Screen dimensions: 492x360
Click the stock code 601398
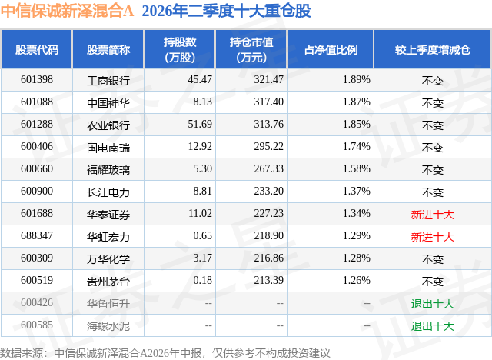pyautogui.click(x=37, y=80)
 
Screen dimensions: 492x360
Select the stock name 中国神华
pyautogui.click(x=108, y=102)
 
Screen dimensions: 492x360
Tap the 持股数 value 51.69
pyautogui.click(x=200, y=125)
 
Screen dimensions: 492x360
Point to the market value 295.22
pyautogui.click(x=268, y=147)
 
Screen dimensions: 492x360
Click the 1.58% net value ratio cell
pyautogui.click(x=357, y=169)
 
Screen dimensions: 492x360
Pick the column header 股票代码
pyautogui.click(x=37, y=49)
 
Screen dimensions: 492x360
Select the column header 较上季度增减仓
pyautogui.click(x=433, y=49)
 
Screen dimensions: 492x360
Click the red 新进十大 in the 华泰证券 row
pyautogui.click(x=433, y=215)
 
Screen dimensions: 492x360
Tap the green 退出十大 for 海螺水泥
pyautogui.click(x=433, y=326)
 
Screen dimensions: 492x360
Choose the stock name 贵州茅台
pyautogui.click(x=108, y=282)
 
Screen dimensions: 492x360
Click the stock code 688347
pyautogui.click(x=37, y=235)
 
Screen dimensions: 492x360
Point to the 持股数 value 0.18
pyautogui.click(x=202, y=280)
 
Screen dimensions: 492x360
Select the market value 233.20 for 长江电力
pyautogui.click(x=268, y=191)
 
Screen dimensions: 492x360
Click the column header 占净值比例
pyautogui.click(x=331, y=49)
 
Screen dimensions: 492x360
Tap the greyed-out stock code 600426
pyautogui.click(x=37, y=302)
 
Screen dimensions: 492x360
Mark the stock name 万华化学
pyautogui.click(x=108, y=259)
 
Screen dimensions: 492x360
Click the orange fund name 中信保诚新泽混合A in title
pyautogui.click(x=67, y=11)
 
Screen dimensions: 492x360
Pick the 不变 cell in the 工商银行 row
pyautogui.click(x=433, y=81)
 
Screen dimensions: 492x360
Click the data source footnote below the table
pyautogui.click(x=165, y=353)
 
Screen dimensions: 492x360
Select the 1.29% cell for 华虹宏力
pyautogui.click(x=357, y=235)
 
